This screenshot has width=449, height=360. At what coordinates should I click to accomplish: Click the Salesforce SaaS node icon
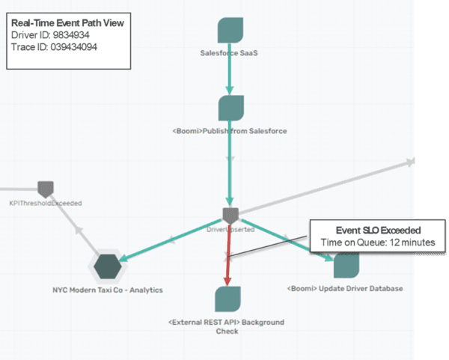230,31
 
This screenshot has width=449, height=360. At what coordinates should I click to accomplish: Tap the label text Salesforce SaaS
230,53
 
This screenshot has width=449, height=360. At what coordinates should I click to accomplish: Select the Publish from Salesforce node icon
230,108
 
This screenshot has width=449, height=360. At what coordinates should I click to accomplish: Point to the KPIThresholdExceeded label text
47,203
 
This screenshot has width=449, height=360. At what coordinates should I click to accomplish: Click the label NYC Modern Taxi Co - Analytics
108,289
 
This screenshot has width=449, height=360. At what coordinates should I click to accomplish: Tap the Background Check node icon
227,299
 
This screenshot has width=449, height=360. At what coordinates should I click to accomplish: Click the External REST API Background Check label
227,326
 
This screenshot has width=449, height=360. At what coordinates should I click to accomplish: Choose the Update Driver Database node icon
346,266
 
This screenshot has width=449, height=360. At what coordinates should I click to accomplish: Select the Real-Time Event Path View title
68,23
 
